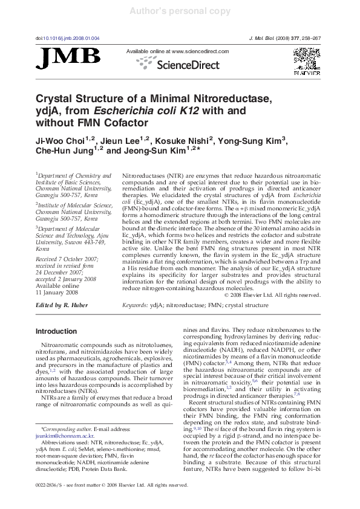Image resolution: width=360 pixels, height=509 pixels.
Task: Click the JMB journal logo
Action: pos(68,58)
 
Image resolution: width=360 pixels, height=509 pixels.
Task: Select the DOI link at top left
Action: pos(68,38)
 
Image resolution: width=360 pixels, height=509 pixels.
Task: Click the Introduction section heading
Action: pos(56,331)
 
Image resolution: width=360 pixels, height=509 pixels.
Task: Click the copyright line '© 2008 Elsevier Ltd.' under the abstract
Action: pos(272,295)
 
